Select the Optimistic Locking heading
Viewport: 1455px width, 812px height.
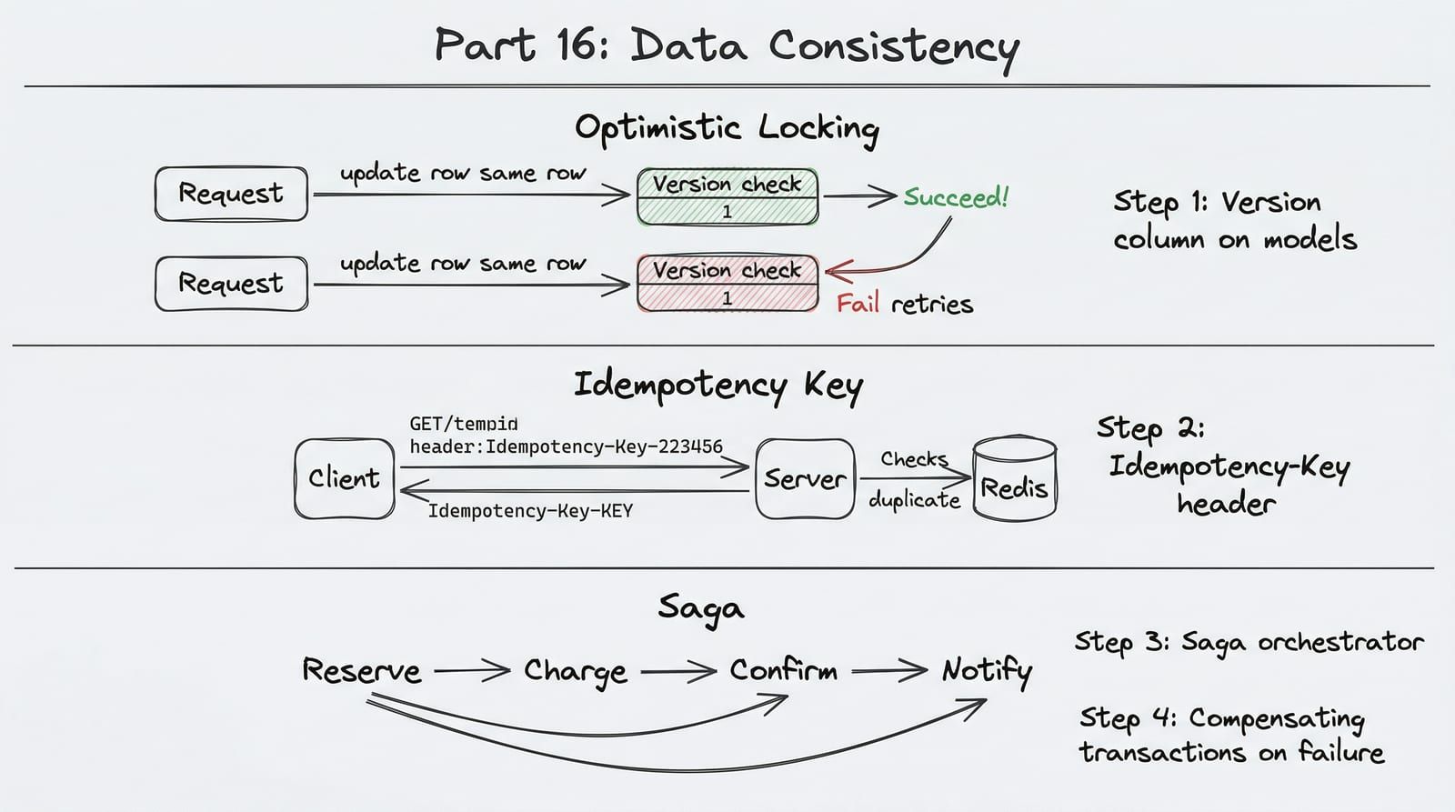(x=727, y=128)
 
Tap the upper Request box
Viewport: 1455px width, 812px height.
(x=231, y=194)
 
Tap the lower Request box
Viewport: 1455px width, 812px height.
(x=231, y=284)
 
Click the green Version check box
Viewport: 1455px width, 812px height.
(x=727, y=196)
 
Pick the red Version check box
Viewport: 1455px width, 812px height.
(x=727, y=283)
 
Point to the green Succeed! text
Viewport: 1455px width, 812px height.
(x=956, y=196)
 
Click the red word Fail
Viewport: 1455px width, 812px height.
(x=858, y=304)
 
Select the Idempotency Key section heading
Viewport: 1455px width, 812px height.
(x=718, y=386)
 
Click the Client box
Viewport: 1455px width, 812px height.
(x=345, y=479)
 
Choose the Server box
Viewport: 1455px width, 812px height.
(x=806, y=479)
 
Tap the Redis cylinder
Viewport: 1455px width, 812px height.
(x=1015, y=478)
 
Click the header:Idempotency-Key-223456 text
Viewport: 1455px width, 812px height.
(x=566, y=447)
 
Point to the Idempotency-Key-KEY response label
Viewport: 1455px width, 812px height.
(x=530, y=511)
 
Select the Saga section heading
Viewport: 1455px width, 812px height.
(x=701, y=608)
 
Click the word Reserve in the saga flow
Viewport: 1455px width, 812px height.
(x=362, y=670)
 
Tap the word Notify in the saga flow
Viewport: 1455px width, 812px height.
(x=987, y=672)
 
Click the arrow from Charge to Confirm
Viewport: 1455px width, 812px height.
(x=678, y=671)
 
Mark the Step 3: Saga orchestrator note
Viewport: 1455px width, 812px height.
(x=1249, y=643)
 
